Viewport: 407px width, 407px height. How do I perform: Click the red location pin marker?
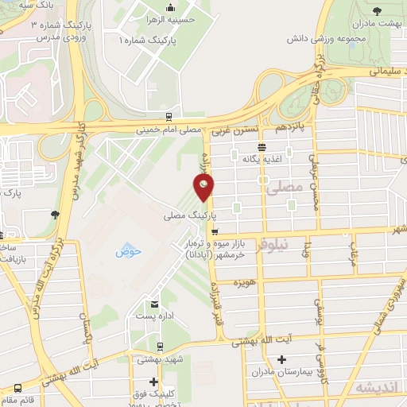(204, 188)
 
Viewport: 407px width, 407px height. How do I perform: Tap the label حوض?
(127, 252)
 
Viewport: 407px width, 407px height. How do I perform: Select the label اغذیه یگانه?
(262, 159)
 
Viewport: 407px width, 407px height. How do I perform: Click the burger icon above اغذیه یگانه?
(262, 146)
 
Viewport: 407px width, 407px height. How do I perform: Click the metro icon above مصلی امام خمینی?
(169, 116)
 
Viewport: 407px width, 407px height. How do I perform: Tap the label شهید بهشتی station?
(161, 359)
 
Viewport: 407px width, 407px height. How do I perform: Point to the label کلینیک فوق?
(153, 394)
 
